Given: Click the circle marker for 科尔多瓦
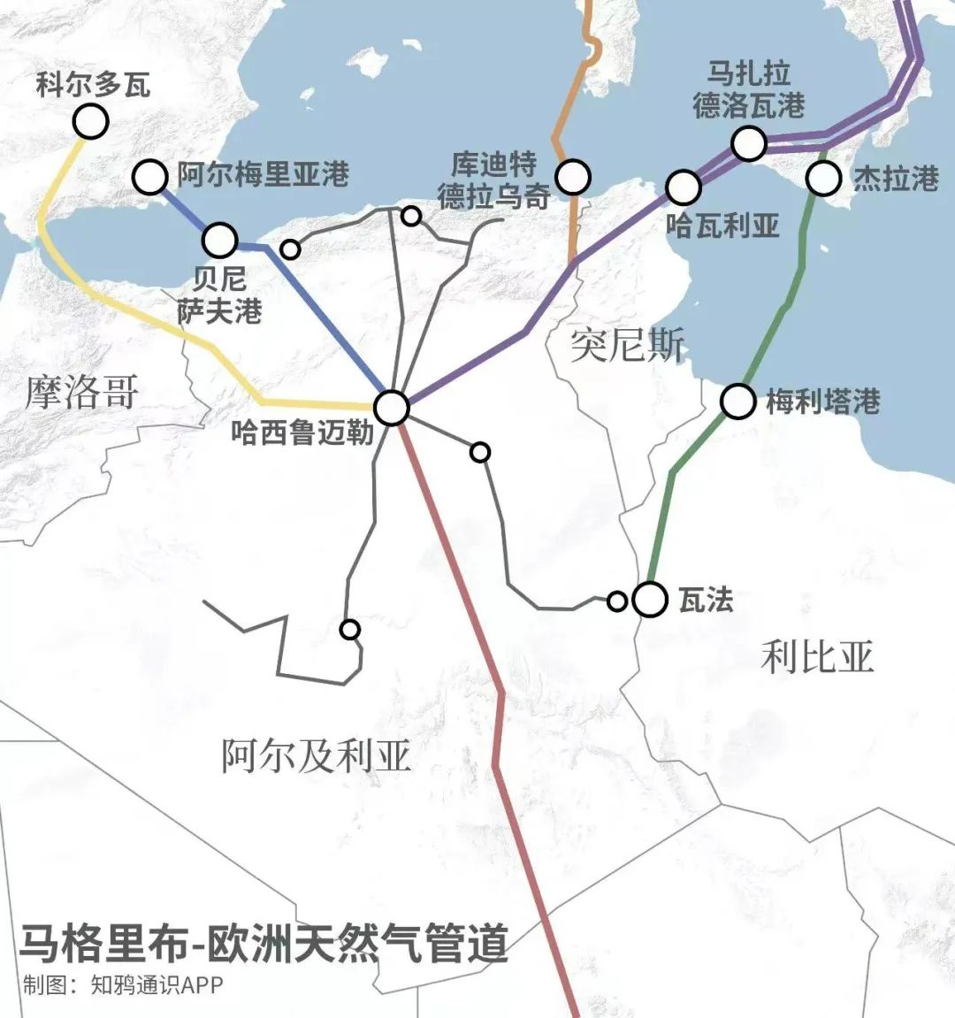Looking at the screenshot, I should point(90,121).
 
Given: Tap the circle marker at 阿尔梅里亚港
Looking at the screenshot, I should point(150,177).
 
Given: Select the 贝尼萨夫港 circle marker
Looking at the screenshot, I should point(220,239).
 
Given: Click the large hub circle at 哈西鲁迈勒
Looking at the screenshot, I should point(392,408).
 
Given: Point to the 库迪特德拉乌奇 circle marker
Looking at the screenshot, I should point(573,177).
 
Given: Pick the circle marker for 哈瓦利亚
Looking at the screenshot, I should point(684,187).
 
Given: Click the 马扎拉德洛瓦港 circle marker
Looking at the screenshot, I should point(749,142).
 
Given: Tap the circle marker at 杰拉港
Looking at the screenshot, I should point(823,179).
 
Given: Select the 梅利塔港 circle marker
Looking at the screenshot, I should point(737,402).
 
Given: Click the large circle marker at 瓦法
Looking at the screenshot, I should point(650,600).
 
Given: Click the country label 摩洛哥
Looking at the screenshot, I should point(81,391).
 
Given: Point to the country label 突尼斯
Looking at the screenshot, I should point(627,343).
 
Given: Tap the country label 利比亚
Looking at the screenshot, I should point(817,657).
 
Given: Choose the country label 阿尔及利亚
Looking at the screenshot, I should point(316,756).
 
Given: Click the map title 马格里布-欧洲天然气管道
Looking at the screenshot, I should point(264,943).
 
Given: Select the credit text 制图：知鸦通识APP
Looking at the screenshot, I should point(123,985).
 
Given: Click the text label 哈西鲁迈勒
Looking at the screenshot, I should point(302,432).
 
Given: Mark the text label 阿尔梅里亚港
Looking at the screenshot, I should point(263,174).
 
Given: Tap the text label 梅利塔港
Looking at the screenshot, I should point(822,402).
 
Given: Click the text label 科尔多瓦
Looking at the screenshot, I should point(93,85).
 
